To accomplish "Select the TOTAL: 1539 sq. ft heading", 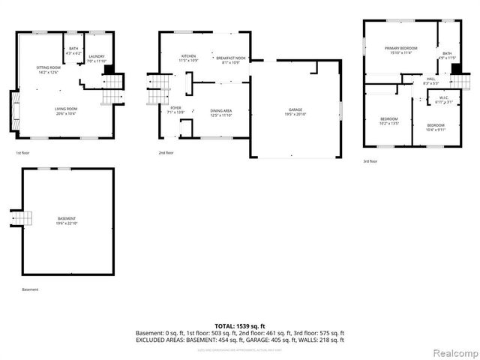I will (239, 325).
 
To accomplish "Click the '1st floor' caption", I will (23, 153).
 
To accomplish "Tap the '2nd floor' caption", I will (166, 153).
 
